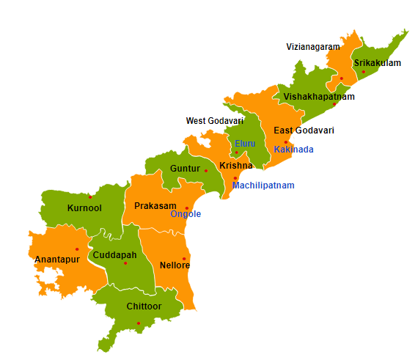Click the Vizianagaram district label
point(313,47)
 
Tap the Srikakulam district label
point(378,63)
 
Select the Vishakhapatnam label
point(319,97)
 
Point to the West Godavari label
point(214,121)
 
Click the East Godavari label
point(304,131)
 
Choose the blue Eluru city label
point(245,144)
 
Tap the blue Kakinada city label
point(293,150)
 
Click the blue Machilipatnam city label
point(263,185)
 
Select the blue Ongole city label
point(186,214)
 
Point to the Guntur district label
point(185,169)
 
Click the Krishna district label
point(235,166)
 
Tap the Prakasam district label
point(153,206)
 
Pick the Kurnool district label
point(84,208)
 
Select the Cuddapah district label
point(115,255)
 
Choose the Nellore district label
point(175,265)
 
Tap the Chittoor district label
point(144,306)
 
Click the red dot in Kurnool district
point(90,196)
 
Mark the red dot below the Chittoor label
point(138,323)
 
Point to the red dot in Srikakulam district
point(363,72)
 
